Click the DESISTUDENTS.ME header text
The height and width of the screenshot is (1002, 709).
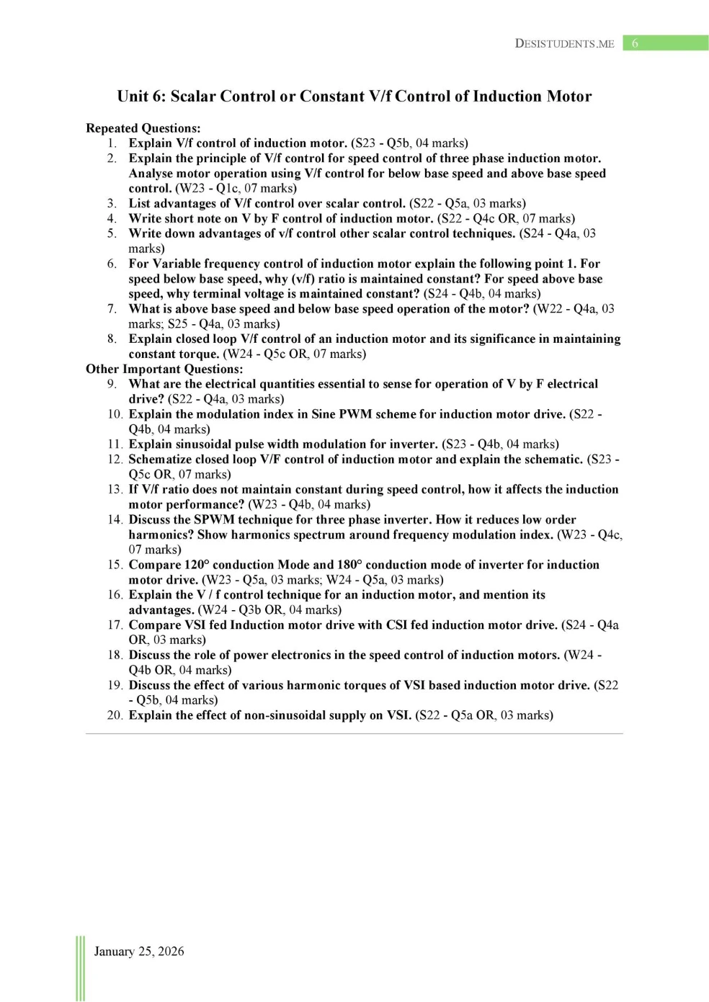click(564, 43)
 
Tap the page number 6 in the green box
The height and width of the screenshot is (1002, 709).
click(635, 43)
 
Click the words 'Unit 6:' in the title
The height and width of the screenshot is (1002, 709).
click(142, 97)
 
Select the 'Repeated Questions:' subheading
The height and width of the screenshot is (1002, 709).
click(143, 128)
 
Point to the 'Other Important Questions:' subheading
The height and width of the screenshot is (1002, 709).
click(164, 369)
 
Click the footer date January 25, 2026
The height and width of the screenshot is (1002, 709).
click(139, 951)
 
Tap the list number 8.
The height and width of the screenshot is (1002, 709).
click(112, 339)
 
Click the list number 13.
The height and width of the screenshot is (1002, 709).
click(115, 489)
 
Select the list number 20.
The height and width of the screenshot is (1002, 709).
click(115, 715)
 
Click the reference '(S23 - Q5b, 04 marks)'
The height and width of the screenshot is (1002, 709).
click(409, 143)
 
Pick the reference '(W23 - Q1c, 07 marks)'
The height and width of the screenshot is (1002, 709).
click(236, 188)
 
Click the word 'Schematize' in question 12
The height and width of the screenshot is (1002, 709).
click(161, 459)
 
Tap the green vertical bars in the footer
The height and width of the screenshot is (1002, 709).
click(80, 968)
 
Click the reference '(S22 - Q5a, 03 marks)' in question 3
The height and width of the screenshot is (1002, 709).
click(468, 203)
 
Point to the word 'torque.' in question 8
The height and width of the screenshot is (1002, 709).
click(197, 354)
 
